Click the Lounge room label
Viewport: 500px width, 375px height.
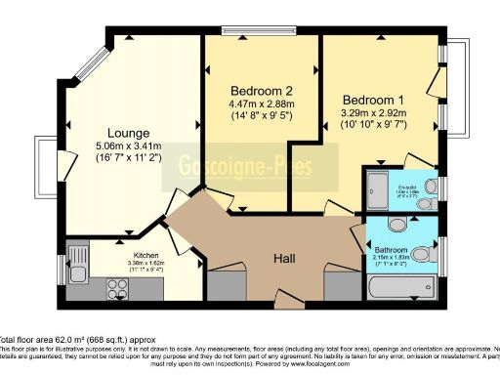(129, 133)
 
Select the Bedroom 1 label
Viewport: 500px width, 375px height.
(371, 99)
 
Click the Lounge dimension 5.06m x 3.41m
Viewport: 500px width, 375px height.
(129, 148)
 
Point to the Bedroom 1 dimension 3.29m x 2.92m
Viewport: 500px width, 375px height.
(371, 113)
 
